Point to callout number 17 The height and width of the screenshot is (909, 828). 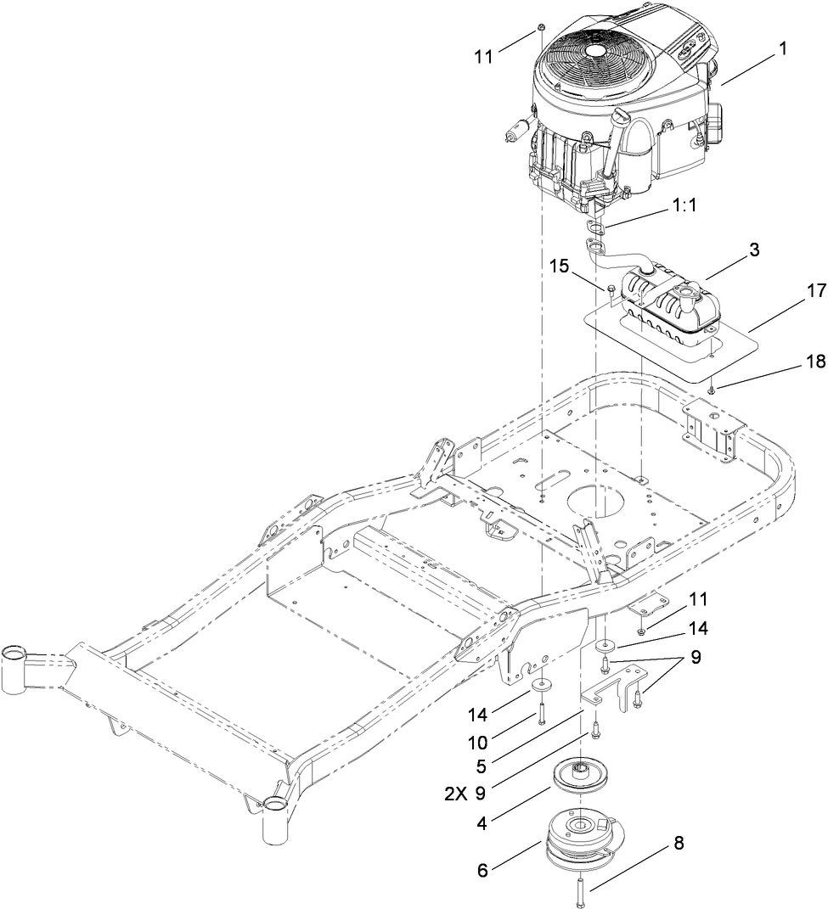[791, 291]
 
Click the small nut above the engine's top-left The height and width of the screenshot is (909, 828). [540, 31]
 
